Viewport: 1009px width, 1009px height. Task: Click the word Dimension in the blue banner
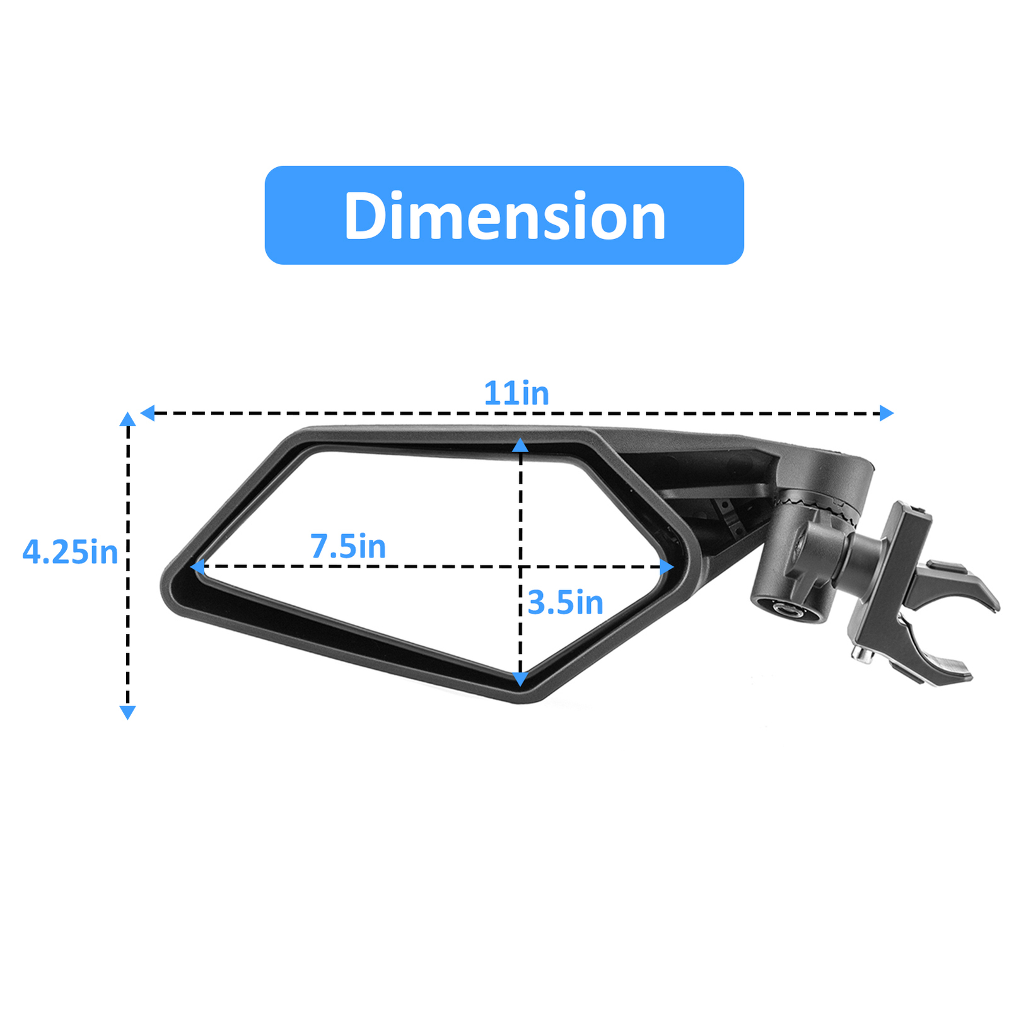(x=504, y=216)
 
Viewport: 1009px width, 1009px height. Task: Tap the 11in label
(x=516, y=394)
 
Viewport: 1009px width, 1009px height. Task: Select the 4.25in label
(x=70, y=552)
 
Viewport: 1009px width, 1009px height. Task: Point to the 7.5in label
(x=347, y=546)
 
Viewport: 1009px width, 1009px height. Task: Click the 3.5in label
(x=565, y=603)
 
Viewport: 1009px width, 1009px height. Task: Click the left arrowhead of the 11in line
(x=148, y=413)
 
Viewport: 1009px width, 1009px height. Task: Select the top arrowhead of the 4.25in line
(x=128, y=419)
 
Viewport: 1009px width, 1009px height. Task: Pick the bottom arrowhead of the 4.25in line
(x=128, y=712)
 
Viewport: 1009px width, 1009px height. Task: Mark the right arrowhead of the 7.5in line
(x=667, y=566)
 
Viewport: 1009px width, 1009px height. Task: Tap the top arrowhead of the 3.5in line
(x=520, y=446)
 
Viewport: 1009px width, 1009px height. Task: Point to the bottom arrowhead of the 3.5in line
(x=520, y=679)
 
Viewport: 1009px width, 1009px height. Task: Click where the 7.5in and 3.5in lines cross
(x=520, y=566)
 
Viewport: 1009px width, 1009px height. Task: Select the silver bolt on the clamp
(x=860, y=656)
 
